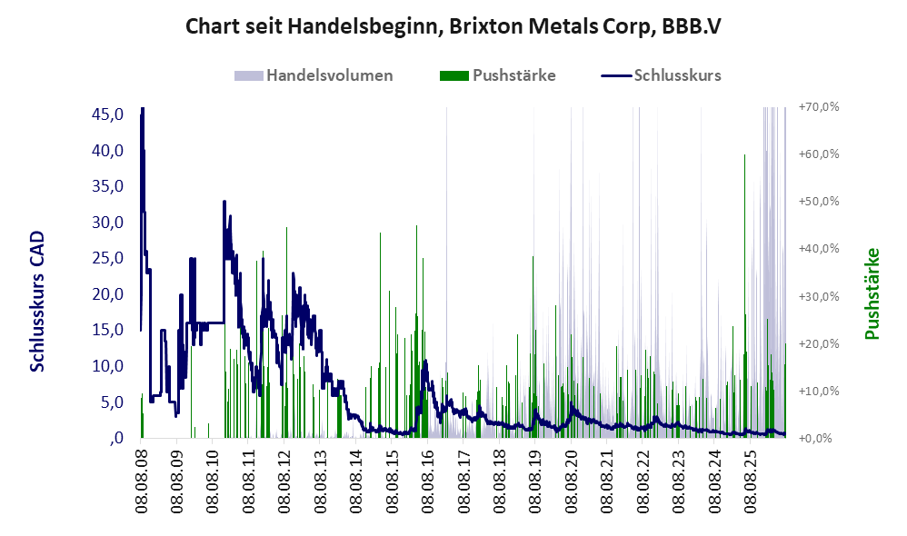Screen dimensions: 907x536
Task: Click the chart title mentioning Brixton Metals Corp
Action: (x=453, y=26)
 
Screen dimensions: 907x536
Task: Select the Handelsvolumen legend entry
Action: (x=314, y=75)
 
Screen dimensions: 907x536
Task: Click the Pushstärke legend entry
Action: (x=497, y=75)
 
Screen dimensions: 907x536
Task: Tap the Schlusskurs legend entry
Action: (x=661, y=75)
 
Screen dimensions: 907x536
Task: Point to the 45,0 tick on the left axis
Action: (x=107, y=114)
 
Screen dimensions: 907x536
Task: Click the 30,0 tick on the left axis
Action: (x=107, y=222)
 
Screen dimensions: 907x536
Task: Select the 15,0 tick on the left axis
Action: (x=107, y=330)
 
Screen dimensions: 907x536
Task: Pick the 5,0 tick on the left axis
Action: (x=112, y=402)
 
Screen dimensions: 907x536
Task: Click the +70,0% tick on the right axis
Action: (x=819, y=107)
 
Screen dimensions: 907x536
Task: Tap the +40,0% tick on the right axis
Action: (x=819, y=249)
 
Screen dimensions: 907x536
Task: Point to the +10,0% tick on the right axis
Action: (x=819, y=391)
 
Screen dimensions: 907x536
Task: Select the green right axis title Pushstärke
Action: (x=872, y=293)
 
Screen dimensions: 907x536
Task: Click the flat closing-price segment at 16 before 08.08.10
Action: (x=211, y=323)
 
